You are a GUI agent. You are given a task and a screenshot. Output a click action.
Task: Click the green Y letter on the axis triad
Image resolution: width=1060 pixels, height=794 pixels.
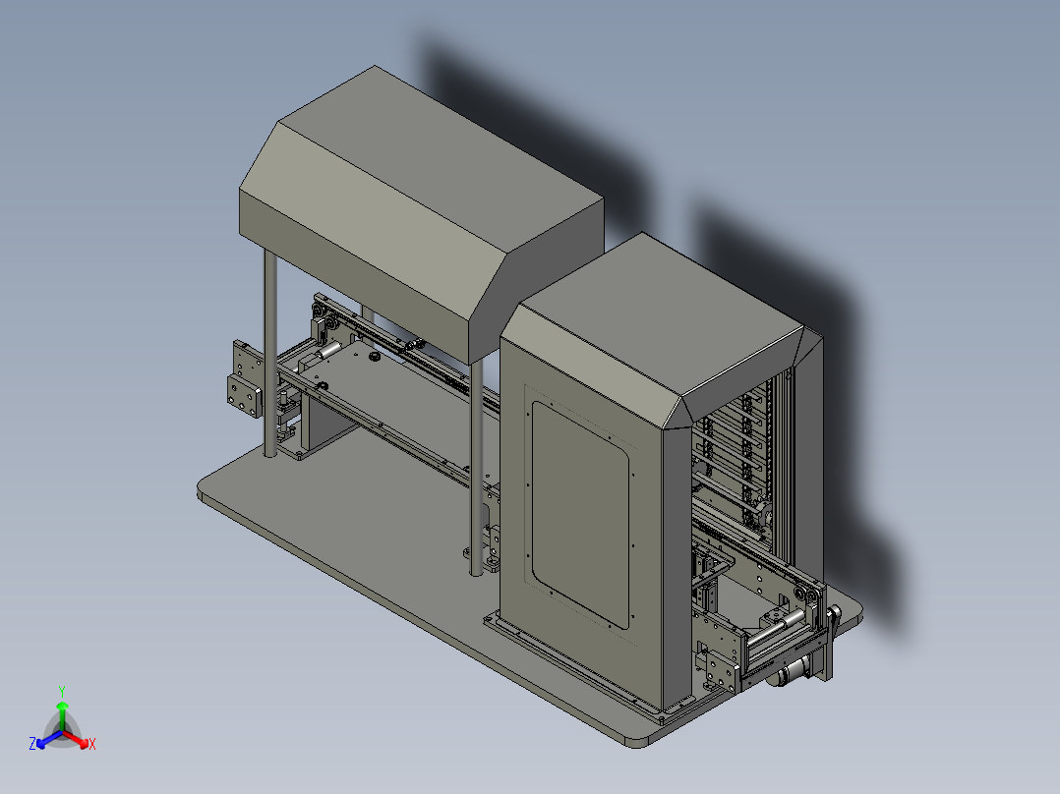pyautogui.click(x=62, y=692)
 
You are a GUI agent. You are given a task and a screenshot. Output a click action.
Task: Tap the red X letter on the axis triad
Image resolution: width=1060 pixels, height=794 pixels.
pyautogui.click(x=92, y=744)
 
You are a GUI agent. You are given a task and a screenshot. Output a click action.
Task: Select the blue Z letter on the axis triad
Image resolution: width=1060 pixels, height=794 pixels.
pyautogui.click(x=32, y=743)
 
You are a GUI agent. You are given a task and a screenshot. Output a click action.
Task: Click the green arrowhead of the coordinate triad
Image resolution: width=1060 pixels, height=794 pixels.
pyautogui.click(x=62, y=706)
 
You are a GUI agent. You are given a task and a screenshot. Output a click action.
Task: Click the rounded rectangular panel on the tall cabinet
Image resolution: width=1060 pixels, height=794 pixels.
pyautogui.click(x=580, y=515)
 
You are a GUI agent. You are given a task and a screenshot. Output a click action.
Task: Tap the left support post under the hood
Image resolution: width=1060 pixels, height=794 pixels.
pyautogui.click(x=270, y=353)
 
